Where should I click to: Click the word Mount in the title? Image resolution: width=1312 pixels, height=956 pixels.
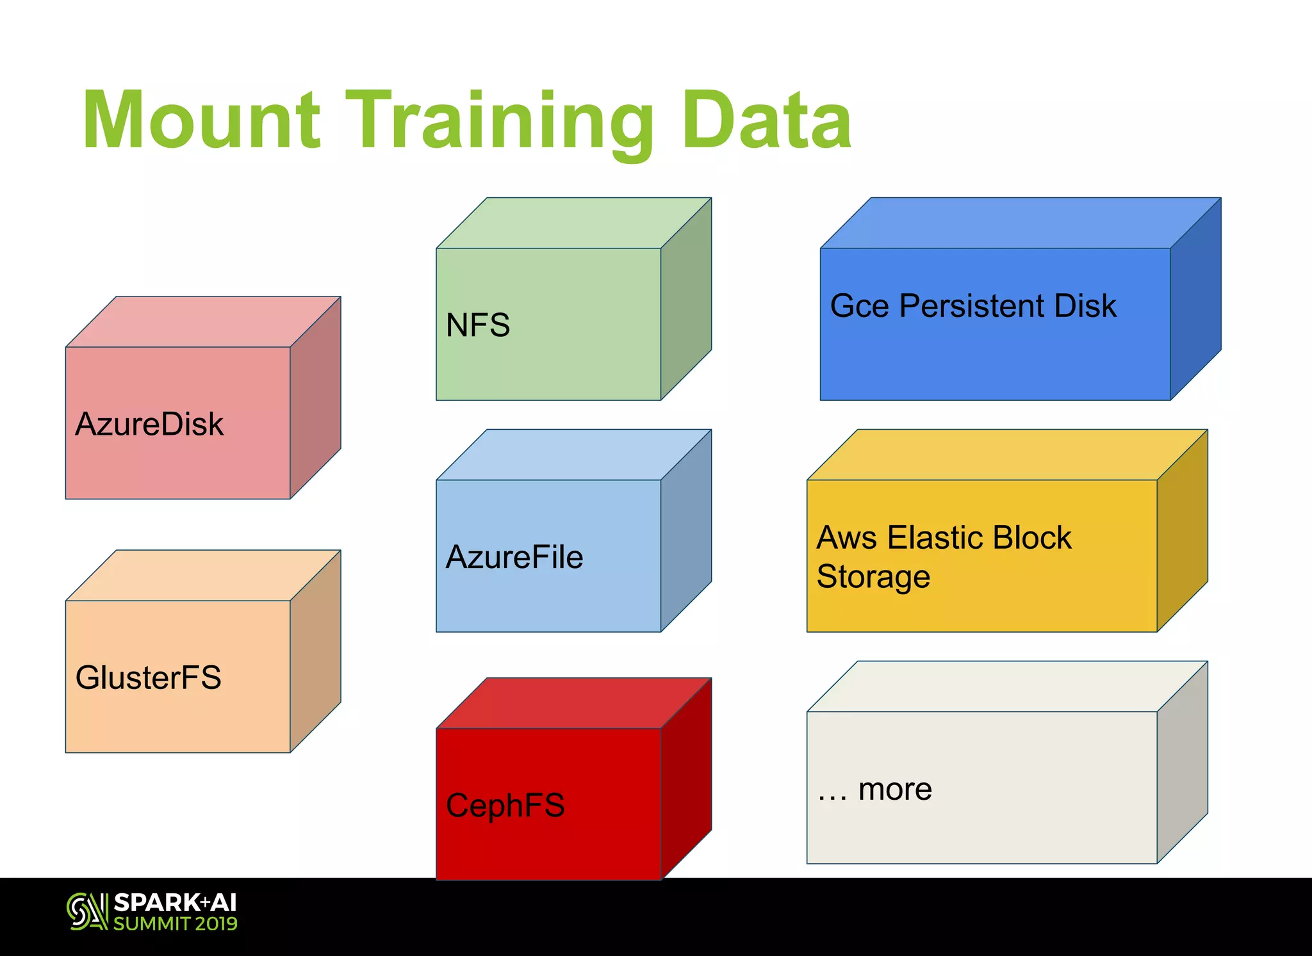pyautogui.click(x=201, y=120)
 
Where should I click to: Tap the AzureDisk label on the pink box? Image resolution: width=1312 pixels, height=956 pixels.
pyautogui.click(x=149, y=424)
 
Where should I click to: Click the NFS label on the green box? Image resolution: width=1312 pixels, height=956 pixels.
pyautogui.click(x=478, y=325)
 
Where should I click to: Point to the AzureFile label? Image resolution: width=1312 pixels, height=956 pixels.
pyautogui.click(x=514, y=556)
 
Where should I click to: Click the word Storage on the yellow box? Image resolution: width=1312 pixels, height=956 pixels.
pyautogui.click(x=873, y=576)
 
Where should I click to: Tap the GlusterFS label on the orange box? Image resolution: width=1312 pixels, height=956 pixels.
pyautogui.click(x=148, y=677)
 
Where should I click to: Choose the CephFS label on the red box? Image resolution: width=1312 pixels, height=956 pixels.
pyautogui.click(x=505, y=805)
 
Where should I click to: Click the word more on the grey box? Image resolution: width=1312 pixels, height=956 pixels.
pyautogui.click(x=895, y=789)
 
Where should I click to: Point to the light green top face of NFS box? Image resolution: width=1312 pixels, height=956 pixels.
pyautogui.click(x=573, y=223)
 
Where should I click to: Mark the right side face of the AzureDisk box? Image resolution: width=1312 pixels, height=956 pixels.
pyautogui.click(x=315, y=397)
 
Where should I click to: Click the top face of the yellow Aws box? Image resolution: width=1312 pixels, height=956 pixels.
pyautogui.click(x=1006, y=455)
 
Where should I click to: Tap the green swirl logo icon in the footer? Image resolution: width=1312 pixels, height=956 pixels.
pyautogui.click(x=86, y=911)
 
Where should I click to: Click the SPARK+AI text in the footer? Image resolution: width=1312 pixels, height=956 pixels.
pyautogui.click(x=175, y=903)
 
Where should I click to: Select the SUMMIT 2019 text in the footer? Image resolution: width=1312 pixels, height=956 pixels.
pyautogui.click(x=175, y=923)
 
